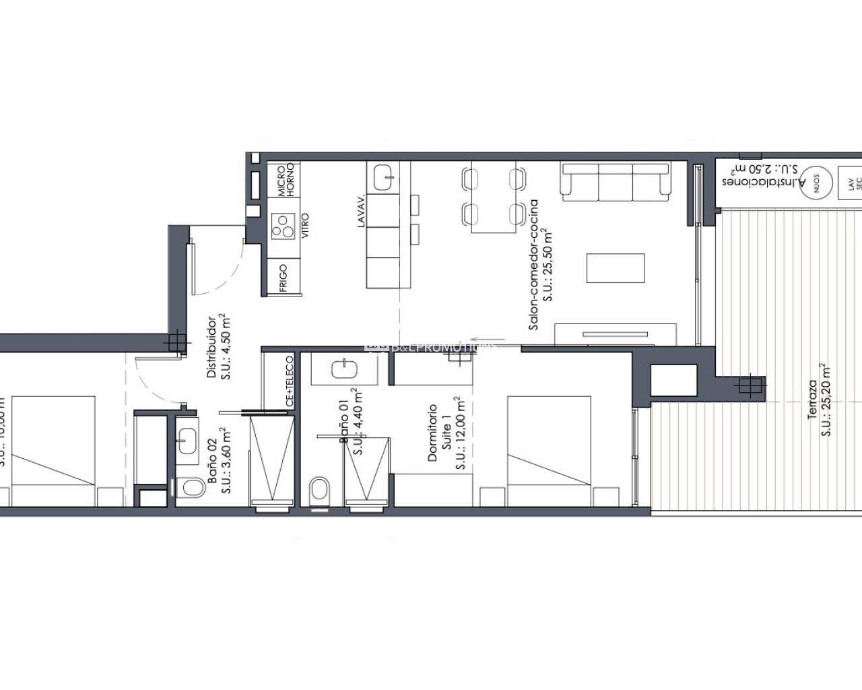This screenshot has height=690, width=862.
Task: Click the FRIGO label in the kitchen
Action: [283, 278]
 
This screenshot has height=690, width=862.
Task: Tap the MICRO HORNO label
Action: [286, 179]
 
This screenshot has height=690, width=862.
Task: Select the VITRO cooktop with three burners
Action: [283, 226]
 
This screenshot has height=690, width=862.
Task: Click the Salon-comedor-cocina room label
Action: [540, 264]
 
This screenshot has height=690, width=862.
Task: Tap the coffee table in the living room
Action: [615, 268]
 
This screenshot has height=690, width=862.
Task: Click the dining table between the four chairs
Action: [493, 197]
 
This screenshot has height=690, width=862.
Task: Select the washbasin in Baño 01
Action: [346, 369]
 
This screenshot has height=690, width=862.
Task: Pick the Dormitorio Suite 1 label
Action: [445, 435]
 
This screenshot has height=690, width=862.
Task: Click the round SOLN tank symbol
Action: [816, 180]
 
